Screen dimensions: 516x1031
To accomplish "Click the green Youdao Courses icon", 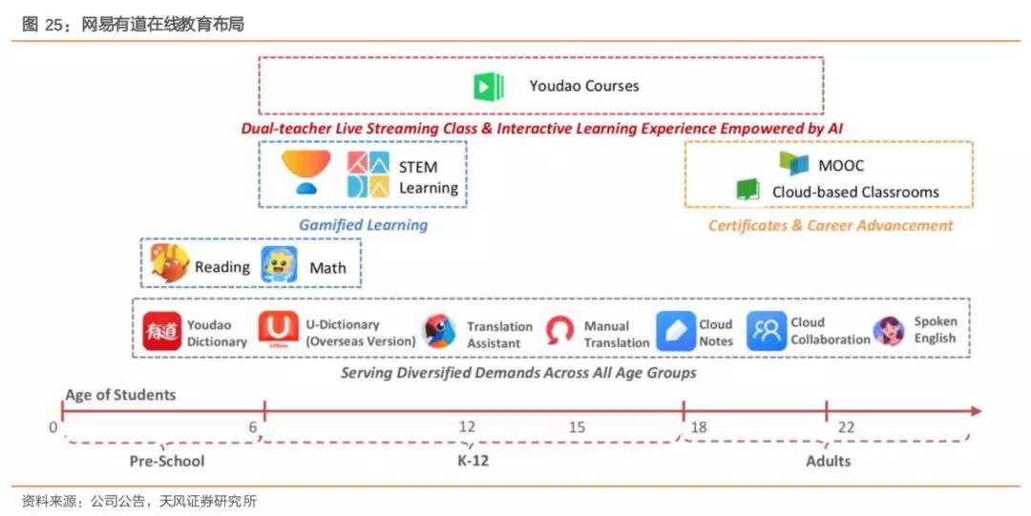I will [x=489, y=86].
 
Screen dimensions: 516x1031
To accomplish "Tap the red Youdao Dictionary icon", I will [x=161, y=331].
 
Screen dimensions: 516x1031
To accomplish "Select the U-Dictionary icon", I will [x=278, y=331].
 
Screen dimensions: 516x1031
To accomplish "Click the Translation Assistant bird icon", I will [x=439, y=331].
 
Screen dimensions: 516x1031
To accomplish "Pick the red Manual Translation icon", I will [x=559, y=332].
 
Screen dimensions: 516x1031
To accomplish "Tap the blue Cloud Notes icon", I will [x=676, y=331].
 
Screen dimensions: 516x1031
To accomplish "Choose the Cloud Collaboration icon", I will [x=766, y=331].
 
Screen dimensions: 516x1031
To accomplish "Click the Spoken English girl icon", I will [x=888, y=331].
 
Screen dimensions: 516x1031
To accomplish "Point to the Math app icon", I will [x=280, y=265].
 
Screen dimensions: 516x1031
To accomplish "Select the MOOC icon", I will [x=793, y=163].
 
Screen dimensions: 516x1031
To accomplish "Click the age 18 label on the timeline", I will [x=699, y=427].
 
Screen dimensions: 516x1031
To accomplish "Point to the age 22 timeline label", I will [x=846, y=427].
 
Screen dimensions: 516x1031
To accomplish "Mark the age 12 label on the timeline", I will [x=467, y=427].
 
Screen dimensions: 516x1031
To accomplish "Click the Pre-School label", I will [x=167, y=462].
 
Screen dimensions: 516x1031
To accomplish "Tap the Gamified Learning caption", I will [x=363, y=225].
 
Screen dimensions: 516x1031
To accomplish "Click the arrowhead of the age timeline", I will [x=975, y=411].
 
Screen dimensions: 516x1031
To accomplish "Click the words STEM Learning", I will [x=428, y=177].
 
